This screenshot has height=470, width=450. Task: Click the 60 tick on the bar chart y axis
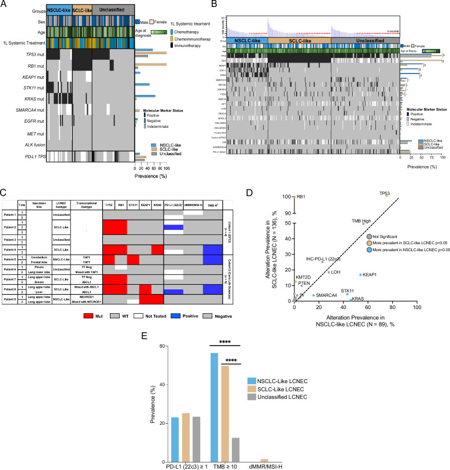[x=156, y=346]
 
